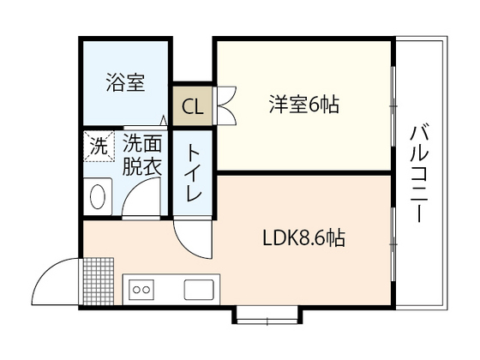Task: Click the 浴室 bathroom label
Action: pos(125,82)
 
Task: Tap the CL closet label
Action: pos(193,107)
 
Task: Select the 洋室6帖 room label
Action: pos(304,105)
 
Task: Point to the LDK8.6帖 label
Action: pos(304,238)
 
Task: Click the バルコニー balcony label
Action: pos(419,173)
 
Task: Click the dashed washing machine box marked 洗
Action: pos(99,147)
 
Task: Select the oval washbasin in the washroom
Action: pos(98,197)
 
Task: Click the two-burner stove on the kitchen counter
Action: pos(141,290)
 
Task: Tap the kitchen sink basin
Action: pos(199,290)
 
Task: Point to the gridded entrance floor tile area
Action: pos(99,281)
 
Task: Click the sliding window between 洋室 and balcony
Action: pos(393,106)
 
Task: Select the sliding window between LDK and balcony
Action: pos(393,244)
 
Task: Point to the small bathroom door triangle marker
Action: pos(164,120)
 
